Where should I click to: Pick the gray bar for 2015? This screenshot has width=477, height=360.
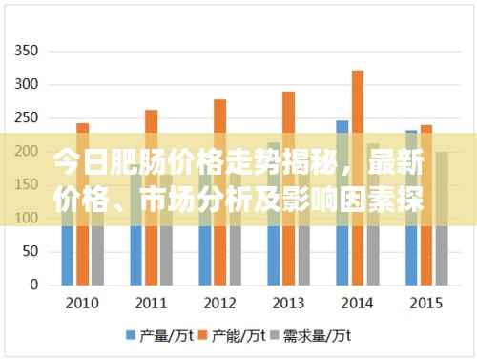[441, 219]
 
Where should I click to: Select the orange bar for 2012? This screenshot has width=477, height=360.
[219, 192]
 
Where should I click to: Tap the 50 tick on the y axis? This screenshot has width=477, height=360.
[31, 251]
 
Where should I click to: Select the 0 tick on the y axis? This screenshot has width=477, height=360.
[33, 285]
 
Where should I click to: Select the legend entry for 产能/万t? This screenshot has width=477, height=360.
[233, 335]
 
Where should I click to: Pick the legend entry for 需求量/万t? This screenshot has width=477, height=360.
[315, 335]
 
